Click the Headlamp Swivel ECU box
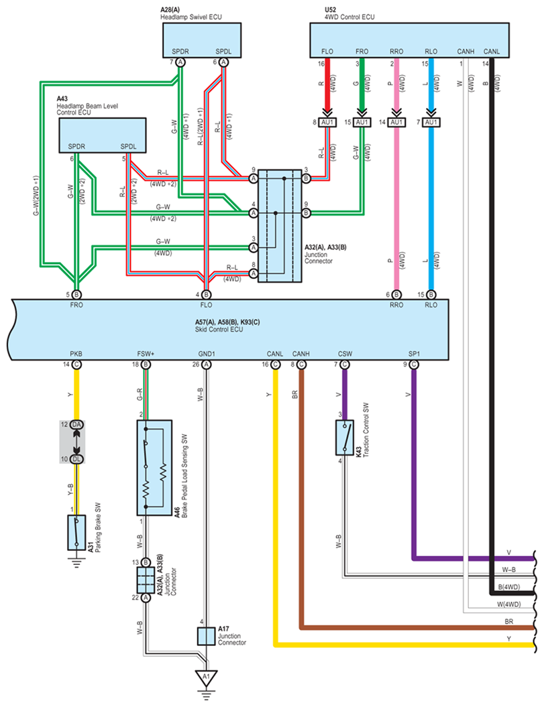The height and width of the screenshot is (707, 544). pyautogui.click(x=202, y=40)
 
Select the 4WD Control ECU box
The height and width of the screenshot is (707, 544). pyautogui.click(x=409, y=40)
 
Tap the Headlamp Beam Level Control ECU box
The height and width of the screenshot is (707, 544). pyautogui.click(x=103, y=135)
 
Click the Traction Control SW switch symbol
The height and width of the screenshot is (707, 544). pyautogui.click(x=345, y=438)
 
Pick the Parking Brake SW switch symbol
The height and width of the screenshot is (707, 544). pyautogui.click(x=76, y=533)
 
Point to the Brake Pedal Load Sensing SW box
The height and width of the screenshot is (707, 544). pyautogui.click(x=154, y=468)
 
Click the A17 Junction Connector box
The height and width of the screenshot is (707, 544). pyautogui.click(x=207, y=636)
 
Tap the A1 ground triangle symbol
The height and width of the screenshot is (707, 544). pyautogui.click(x=207, y=678)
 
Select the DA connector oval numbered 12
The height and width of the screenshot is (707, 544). pyautogui.click(x=76, y=425)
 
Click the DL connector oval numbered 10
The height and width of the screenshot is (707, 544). pyautogui.click(x=76, y=459)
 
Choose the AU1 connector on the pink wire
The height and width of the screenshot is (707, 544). pyautogui.click(x=396, y=122)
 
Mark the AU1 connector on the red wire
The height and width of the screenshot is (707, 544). pyautogui.click(x=327, y=122)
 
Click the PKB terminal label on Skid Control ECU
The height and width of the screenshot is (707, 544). pyautogui.click(x=76, y=354)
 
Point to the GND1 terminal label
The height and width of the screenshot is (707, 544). pyautogui.click(x=207, y=354)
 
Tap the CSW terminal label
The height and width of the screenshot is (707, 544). pyautogui.click(x=345, y=354)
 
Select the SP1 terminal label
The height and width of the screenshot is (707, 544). pyautogui.click(x=414, y=354)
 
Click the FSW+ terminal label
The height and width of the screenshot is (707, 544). pyautogui.click(x=146, y=354)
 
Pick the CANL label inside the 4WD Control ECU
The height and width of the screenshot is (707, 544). pyautogui.click(x=492, y=52)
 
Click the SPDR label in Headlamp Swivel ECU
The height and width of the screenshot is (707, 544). pyautogui.click(x=180, y=52)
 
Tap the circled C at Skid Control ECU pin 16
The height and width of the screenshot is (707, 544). pyautogui.click(x=276, y=365)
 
